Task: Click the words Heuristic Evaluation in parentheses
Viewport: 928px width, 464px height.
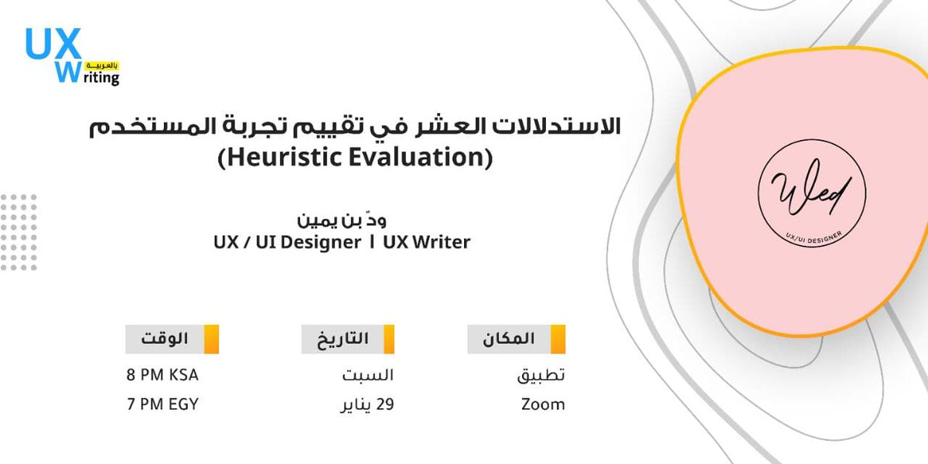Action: click(355, 159)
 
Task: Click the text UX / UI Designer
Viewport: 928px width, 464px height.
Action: click(287, 242)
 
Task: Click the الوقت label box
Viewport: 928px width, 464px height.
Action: click(164, 339)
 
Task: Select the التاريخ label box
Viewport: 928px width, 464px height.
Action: click(340, 339)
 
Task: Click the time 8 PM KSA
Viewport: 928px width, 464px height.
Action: click(162, 375)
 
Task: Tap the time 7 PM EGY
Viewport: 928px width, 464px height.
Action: click(162, 404)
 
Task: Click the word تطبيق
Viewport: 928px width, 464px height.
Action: click(541, 375)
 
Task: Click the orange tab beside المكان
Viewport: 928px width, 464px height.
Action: click(558, 339)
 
